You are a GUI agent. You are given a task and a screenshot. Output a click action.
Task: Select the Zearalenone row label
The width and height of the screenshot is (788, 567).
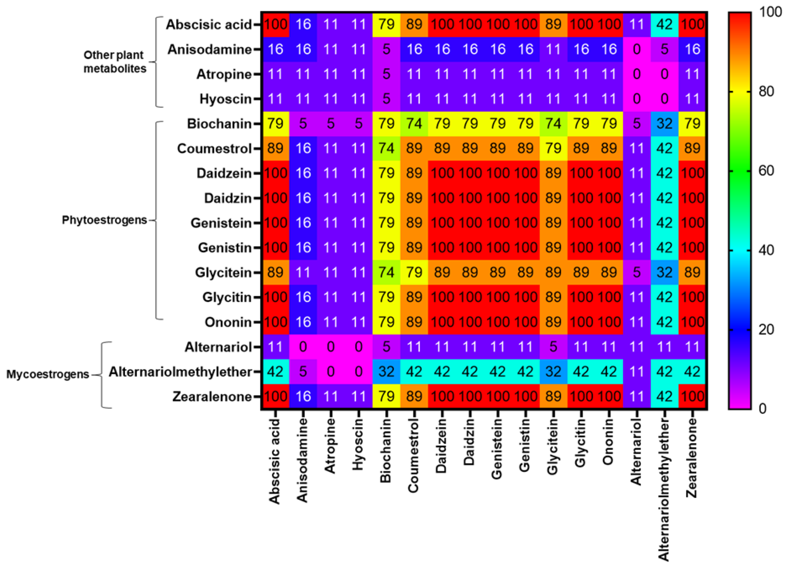point(212,396)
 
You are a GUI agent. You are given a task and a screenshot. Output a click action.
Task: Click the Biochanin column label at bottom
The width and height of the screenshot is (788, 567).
point(386,451)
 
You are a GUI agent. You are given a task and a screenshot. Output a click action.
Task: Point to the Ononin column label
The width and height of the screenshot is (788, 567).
point(608,442)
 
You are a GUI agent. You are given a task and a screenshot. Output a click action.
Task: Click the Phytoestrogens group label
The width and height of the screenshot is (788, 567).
point(104,220)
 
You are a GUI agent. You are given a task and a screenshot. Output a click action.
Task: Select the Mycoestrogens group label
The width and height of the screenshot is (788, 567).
point(48,374)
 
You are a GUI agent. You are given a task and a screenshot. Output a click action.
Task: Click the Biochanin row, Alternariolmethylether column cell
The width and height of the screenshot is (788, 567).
point(664,124)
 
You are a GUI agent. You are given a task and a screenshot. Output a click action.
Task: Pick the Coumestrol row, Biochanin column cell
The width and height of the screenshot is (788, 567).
point(386,148)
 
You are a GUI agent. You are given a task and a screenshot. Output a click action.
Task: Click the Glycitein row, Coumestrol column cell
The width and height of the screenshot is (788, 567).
point(414,272)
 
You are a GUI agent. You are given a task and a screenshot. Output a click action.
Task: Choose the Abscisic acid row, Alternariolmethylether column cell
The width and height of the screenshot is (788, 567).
point(664,24)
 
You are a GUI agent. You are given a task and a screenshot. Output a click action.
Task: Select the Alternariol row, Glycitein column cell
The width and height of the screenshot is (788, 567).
point(553,347)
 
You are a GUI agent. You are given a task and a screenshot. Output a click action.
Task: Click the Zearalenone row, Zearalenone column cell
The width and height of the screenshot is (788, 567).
point(692,396)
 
